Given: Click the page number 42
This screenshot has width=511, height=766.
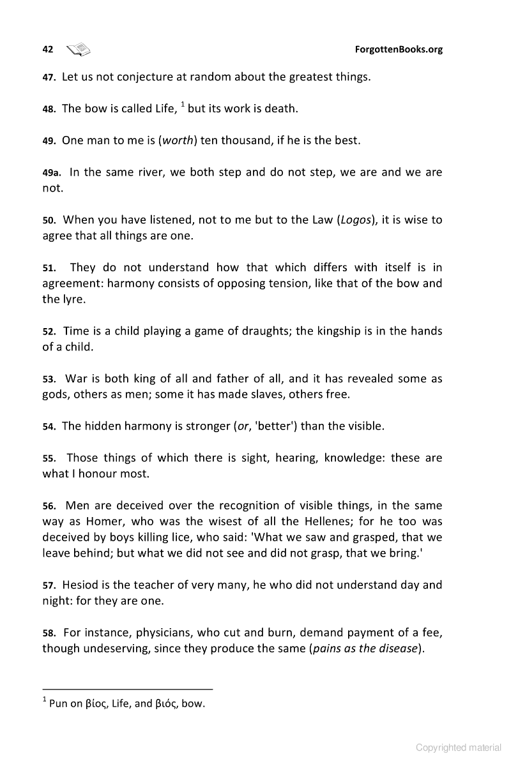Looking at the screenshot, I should [47, 49].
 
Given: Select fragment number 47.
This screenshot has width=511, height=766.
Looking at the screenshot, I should [49, 77].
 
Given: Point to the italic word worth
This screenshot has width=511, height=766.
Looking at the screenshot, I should [178, 140].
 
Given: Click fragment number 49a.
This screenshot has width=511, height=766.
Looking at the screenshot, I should [52, 172].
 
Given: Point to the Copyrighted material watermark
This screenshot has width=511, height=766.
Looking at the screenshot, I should [459, 747].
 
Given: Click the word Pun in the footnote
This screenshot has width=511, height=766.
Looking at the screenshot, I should [58, 705].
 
